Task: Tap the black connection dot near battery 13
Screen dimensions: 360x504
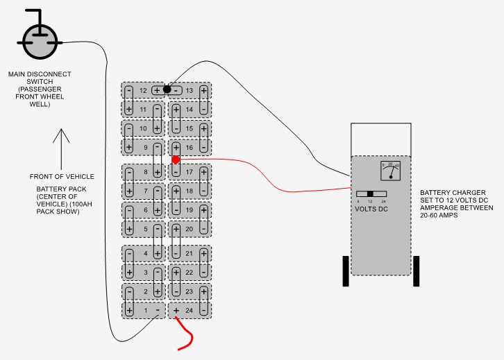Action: tap(167, 89)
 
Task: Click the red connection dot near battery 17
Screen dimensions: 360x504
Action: tap(176, 159)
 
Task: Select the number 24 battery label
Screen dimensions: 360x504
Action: tap(189, 310)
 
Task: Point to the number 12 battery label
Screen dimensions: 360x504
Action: tap(143, 90)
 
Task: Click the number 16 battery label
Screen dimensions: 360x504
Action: tap(189, 147)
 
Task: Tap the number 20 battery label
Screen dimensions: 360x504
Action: tap(189, 228)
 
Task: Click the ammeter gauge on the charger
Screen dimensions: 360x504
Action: tap(391, 170)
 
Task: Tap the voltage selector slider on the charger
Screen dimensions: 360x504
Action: tap(370, 194)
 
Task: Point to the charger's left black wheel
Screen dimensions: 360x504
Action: tap(345, 271)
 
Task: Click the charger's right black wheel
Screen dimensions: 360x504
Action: tap(417, 271)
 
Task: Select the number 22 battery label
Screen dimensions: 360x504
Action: tap(189, 273)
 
